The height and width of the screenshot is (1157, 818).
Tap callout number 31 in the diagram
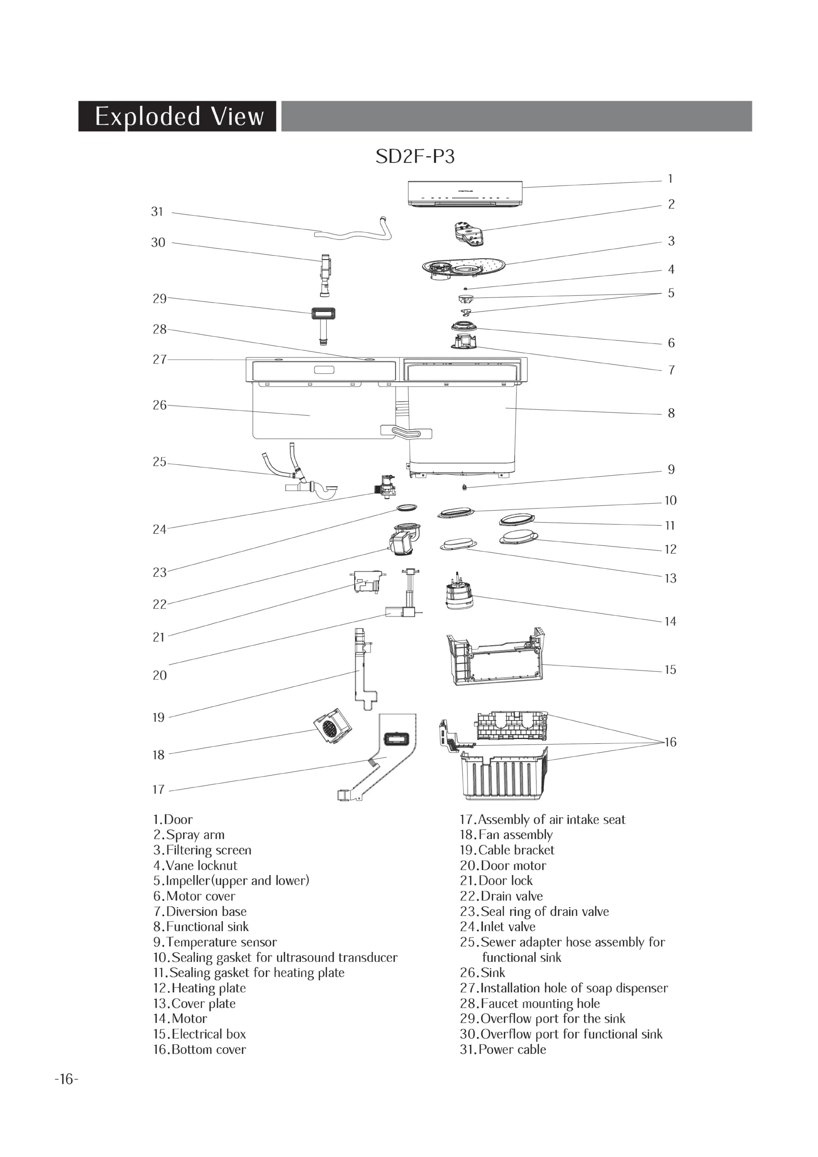click(157, 212)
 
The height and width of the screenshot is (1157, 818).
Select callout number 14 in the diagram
click(670, 621)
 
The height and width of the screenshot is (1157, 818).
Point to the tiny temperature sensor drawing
click(464, 487)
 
